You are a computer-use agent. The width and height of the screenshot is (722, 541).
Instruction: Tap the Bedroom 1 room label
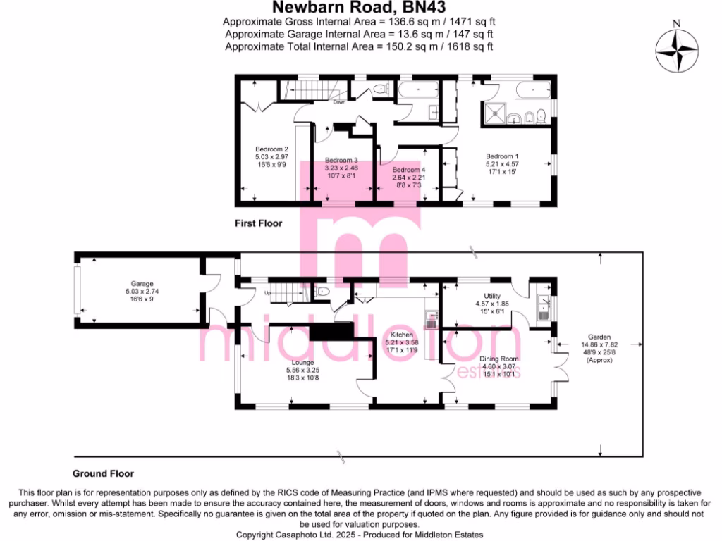coord(501,156)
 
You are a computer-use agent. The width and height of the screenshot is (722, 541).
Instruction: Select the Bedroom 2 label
coord(271,149)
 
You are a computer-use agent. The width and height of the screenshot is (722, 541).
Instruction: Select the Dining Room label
coord(499,359)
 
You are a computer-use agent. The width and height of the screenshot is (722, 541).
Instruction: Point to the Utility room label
coord(491,295)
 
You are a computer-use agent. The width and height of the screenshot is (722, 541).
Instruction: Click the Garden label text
coord(601,337)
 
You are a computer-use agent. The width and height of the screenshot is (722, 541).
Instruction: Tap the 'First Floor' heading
coord(258,223)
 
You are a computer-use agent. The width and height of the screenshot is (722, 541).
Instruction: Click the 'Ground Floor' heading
coord(103,473)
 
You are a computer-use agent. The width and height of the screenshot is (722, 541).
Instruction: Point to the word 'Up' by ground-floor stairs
coord(267,292)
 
